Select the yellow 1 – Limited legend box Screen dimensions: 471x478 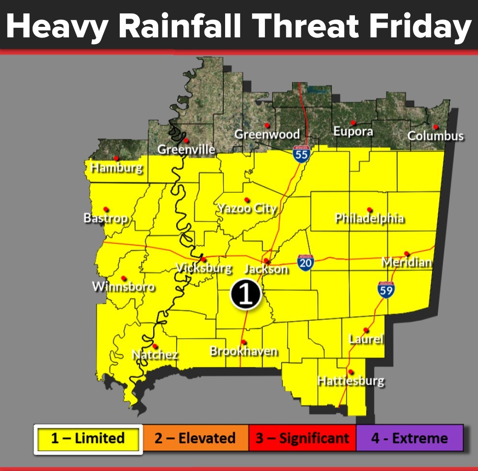coord(88,438)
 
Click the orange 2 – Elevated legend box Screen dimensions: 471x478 coord(195,438)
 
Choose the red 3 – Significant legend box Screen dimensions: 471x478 coord(302,438)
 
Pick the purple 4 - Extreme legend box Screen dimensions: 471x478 coord(410,438)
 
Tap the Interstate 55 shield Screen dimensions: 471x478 coord(301,154)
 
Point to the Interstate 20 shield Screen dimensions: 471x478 coord(306,263)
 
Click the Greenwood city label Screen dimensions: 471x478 coord(267,134)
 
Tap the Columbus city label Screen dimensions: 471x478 coord(435,136)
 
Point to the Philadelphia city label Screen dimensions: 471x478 coord(369,219)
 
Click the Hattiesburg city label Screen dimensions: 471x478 coord(351,381)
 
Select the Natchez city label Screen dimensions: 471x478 coord(155,355)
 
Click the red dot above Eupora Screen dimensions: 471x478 coord(353,123)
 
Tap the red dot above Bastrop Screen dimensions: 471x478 coord(106,209)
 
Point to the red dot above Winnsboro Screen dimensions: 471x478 coord(124,278)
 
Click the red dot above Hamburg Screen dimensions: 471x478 coord(116,158)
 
